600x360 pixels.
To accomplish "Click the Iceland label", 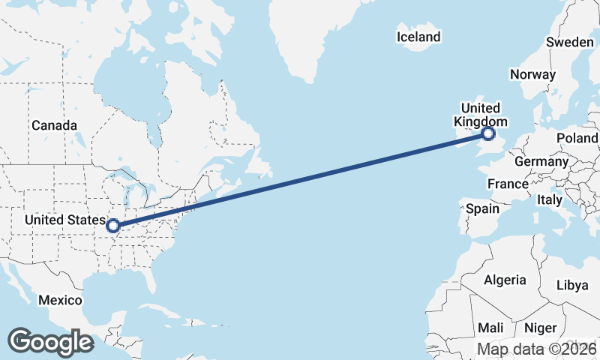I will (418, 37).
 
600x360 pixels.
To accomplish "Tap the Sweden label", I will (569, 43).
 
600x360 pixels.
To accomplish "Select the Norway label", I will (532, 74).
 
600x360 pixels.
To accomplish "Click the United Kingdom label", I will (481, 115).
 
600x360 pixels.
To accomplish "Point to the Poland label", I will (577, 139).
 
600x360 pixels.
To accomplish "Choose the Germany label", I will (541, 161).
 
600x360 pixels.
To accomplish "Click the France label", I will (508, 184).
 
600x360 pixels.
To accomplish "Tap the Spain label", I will (482, 208).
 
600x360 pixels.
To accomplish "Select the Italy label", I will (549, 200).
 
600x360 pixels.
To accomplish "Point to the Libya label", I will (572, 286).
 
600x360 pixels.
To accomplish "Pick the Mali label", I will (491, 328).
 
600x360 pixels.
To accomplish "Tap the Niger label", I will (540, 328).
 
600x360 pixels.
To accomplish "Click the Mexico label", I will (60, 300).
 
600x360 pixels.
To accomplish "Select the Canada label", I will (54, 125).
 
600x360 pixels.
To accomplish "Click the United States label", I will (65, 220).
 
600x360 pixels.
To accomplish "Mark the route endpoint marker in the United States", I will (113, 225).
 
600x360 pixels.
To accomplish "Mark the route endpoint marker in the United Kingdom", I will (488, 134).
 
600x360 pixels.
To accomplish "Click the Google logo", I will (50, 342).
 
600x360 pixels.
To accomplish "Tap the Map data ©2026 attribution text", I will (537, 349).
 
